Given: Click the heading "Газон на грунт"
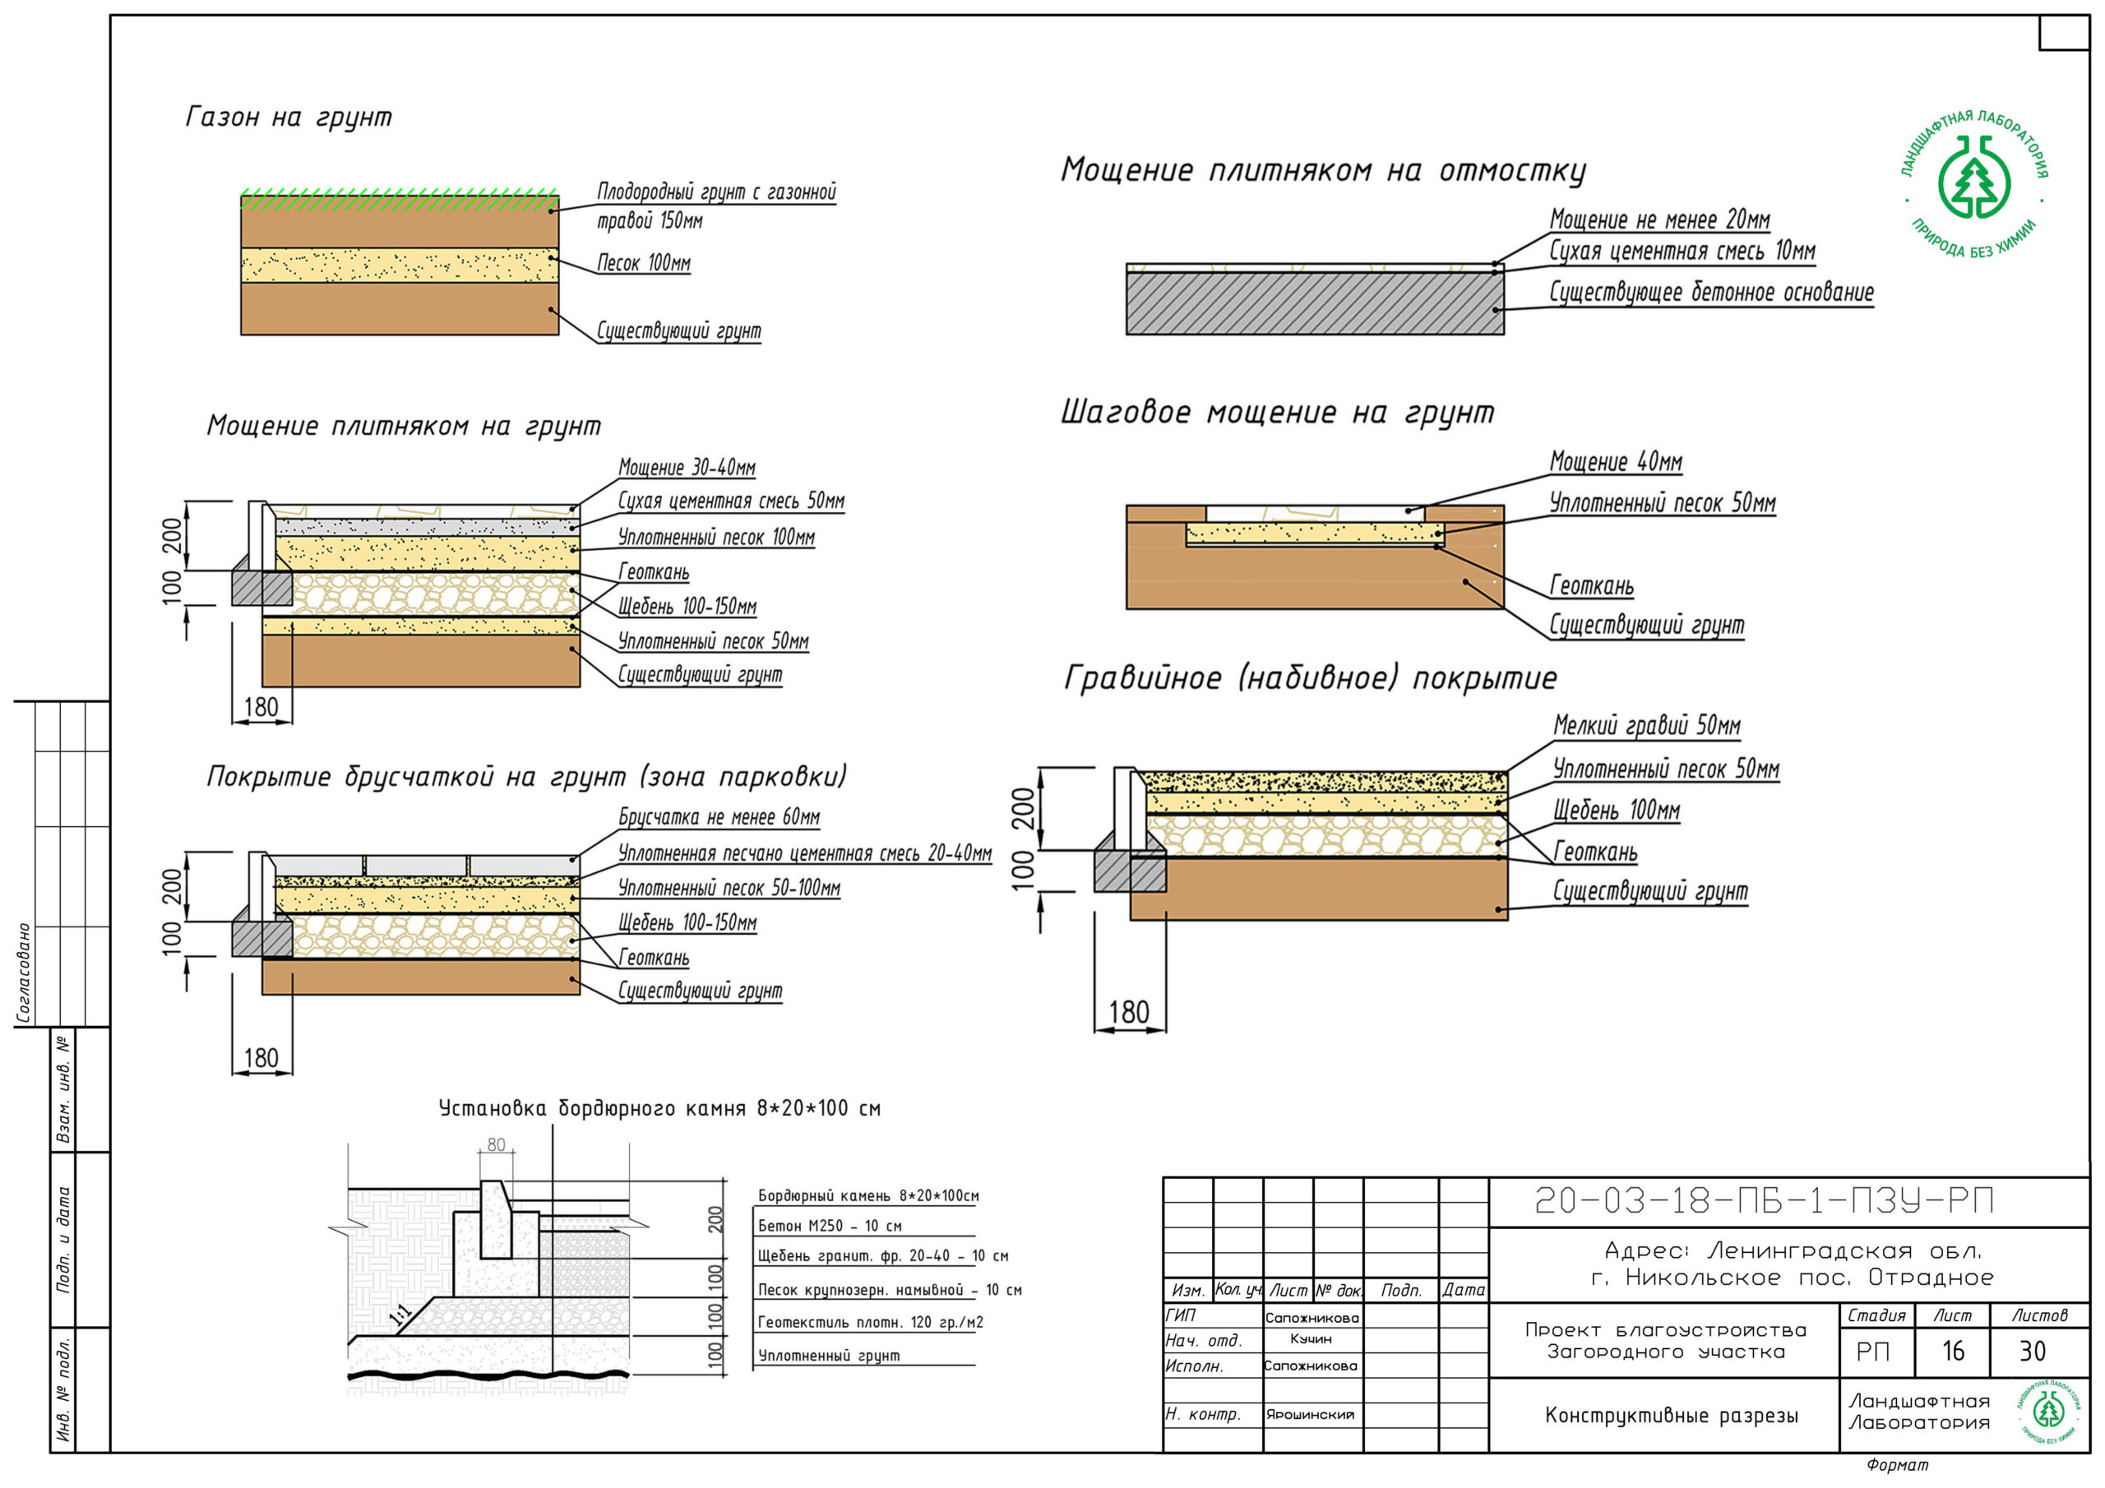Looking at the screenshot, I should [289, 118].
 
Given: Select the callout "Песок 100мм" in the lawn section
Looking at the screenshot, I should [644, 263].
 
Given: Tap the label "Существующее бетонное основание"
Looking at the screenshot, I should [1711, 293].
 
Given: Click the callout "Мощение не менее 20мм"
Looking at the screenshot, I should [1659, 220].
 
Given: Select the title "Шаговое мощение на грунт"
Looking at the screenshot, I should [1277, 413].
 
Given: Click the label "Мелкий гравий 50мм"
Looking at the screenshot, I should [1647, 726].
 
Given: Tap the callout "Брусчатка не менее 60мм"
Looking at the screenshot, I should [719, 817].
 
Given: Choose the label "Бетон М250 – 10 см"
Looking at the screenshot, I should [830, 1226].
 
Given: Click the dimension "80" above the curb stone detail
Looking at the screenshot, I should [496, 1145].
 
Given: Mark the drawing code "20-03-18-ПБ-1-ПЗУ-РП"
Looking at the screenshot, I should [1764, 1201].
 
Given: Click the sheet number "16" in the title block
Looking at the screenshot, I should [1953, 1352].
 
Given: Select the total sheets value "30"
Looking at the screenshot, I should [2033, 1352].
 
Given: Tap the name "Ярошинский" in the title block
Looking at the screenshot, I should [1310, 1415].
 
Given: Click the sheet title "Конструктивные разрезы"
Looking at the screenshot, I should [1672, 1416].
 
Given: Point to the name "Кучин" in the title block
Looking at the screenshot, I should [1311, 1339].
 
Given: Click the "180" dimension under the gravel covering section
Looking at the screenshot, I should [1129, 1012].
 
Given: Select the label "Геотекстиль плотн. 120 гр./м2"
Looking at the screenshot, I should [870, 1322].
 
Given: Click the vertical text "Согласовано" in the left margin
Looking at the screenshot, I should [25, 973].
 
